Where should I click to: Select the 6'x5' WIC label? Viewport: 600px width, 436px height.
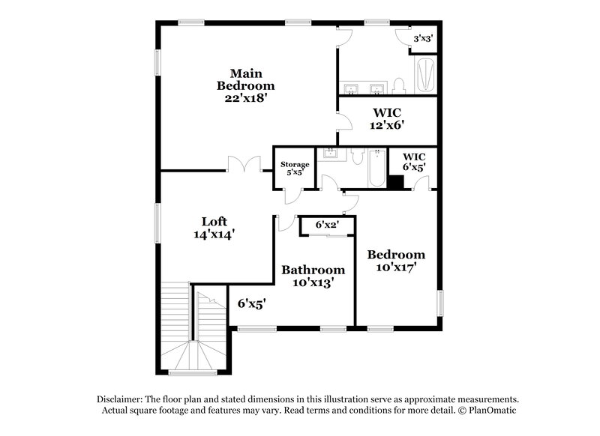[414, 163]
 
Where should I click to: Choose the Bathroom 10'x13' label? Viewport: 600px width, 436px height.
[313, 276]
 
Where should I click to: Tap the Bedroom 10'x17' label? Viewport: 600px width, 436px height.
[395, 260]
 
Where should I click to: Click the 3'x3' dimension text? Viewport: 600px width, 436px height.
[422, 37]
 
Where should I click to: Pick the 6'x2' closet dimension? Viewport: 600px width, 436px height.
[327, 224]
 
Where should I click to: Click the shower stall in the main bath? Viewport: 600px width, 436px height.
[424, 75]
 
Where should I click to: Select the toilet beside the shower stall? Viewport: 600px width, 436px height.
[399, 83]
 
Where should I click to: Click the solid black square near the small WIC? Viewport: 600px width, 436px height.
[396, 181]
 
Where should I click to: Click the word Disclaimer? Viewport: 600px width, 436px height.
[120, 400]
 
